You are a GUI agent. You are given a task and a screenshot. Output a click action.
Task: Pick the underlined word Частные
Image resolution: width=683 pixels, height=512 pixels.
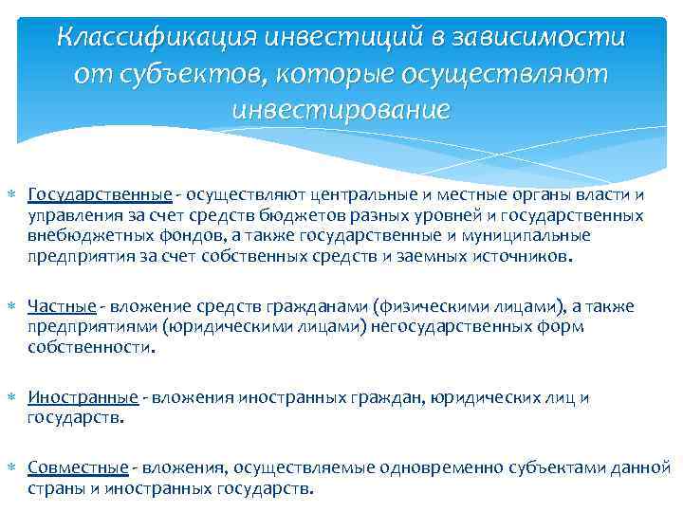coord(62,307)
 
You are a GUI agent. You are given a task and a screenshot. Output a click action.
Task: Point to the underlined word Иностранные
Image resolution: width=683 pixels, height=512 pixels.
coord(83,398)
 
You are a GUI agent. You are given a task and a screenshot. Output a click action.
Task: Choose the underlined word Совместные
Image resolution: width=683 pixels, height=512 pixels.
coord(78,467)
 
